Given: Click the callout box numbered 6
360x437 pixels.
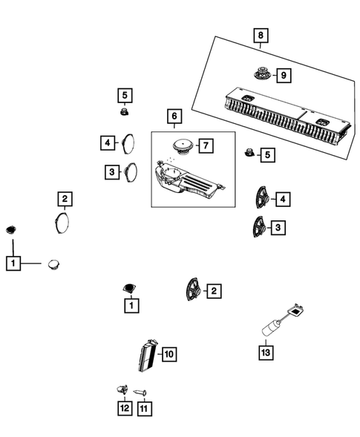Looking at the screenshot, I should (x=174, y=117).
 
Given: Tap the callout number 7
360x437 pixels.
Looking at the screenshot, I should (x=205, y=145).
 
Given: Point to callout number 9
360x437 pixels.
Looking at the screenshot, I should (x=283, y=75).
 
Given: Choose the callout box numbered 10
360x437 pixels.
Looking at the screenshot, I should (x=168, y=355).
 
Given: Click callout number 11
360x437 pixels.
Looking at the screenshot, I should (x=143, y=408).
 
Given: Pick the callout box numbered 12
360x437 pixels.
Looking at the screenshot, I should (x=124, y=408).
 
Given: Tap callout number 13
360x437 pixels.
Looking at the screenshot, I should (x=266, y=352).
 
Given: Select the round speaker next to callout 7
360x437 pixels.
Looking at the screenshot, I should (x=180, y=143).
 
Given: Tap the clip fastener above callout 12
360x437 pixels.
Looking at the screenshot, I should (x=122, y=388).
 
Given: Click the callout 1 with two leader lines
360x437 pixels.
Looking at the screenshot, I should (x=13, y=263).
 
